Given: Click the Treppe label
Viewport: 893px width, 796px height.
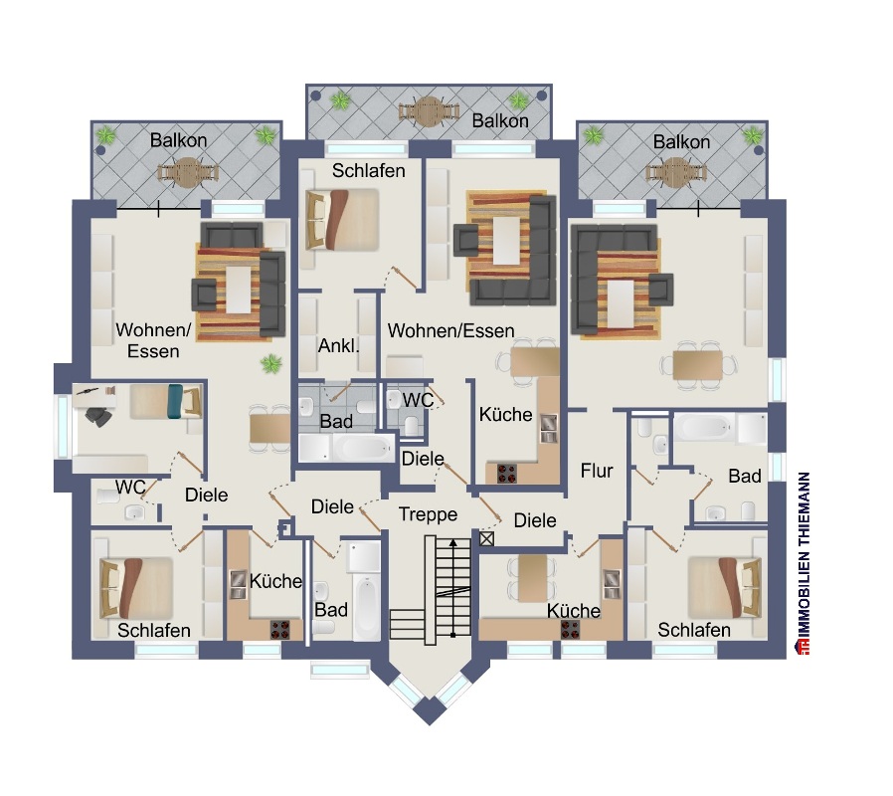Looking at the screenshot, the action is point(428,514).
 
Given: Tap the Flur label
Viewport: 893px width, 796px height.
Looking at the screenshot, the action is point(597,471).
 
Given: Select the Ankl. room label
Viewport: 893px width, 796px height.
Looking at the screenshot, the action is point(338,345).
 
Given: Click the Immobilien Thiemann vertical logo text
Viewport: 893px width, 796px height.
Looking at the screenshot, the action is point(804,563).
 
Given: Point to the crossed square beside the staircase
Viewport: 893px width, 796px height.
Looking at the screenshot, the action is point(486,538).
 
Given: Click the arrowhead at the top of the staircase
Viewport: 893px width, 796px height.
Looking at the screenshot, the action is point(452,542).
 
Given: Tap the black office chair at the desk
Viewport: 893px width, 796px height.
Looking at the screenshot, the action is point(98,417).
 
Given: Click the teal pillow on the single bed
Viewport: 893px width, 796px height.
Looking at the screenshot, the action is point(175,402).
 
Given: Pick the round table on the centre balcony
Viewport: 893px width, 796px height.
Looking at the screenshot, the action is point(429,112).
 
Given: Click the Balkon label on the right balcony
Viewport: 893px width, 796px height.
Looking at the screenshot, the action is point(681,142).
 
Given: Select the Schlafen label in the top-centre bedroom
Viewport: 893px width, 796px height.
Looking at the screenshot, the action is point(369,170).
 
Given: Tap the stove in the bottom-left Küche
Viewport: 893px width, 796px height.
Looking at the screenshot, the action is point(279,630).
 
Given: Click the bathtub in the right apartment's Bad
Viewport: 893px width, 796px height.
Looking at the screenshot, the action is point(704,427).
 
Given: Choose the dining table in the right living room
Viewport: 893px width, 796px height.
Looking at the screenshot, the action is point(698,365).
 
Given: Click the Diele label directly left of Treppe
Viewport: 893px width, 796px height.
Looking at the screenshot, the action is point(332,506).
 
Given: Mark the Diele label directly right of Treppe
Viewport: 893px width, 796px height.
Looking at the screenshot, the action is point(535,520).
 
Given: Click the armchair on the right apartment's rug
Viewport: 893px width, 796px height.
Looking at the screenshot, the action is point(660,290).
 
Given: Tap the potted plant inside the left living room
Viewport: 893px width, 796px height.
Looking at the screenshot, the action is point(271,363).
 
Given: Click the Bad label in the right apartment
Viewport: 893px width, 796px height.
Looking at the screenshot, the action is point(745,476).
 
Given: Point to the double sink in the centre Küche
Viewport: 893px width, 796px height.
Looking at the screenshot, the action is point(549,429).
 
